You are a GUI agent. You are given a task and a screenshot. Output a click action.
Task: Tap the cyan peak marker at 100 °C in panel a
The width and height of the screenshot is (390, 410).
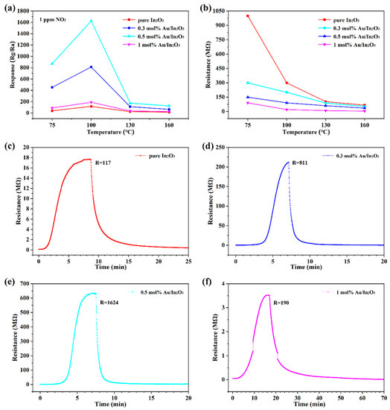[x=91, y=21]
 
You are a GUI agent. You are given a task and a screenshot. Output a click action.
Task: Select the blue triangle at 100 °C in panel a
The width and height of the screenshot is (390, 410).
[x=91, y=67]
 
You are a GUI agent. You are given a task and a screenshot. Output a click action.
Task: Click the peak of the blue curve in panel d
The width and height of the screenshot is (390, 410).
[x=287, y=163]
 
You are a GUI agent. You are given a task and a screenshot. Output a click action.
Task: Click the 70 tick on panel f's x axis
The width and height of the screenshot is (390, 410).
[x=383, y=391]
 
